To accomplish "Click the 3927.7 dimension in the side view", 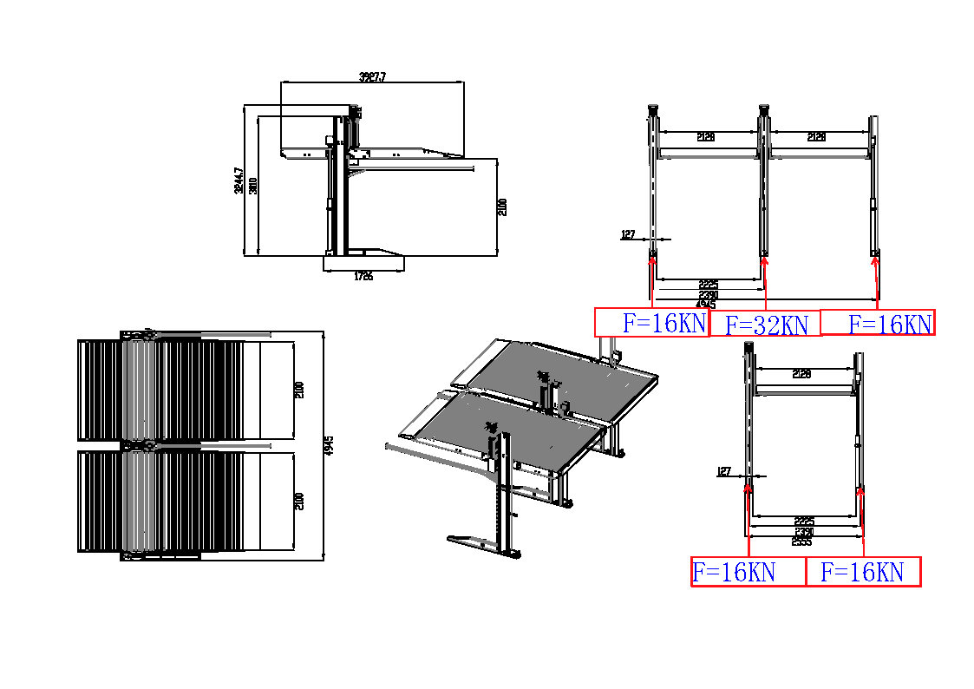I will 372,77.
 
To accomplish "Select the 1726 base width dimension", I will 363,277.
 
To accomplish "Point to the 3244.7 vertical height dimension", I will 239,181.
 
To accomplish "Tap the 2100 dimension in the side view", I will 502,207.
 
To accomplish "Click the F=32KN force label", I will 766,325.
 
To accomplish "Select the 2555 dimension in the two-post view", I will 801,541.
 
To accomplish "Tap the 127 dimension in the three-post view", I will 629,233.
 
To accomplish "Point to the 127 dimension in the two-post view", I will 724,471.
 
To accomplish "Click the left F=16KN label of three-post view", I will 663,324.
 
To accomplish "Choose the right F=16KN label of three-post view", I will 889,325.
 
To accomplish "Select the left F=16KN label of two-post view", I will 733,572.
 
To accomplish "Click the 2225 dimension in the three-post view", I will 708,285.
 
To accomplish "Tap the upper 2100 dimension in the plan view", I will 298,390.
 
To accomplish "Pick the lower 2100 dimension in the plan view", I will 298,501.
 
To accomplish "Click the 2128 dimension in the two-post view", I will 802,374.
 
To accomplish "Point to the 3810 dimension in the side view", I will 252,186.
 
